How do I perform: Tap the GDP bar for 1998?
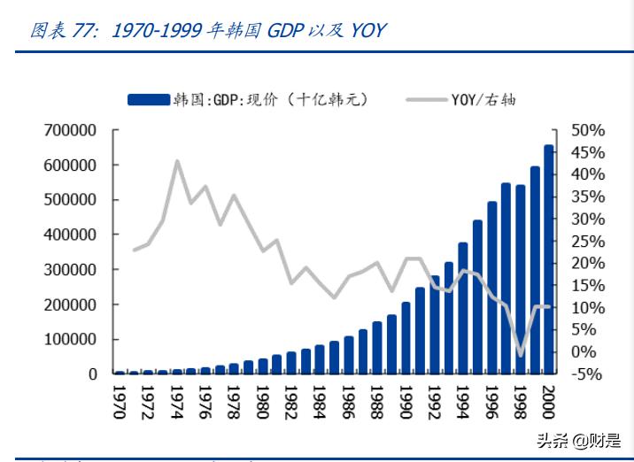(x=520, y=279)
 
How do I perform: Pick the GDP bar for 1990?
(x=406, y=338)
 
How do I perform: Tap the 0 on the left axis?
(x=92, y=373)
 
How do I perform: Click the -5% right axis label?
(x=584, y=373)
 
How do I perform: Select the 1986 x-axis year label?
(x=348, y=402)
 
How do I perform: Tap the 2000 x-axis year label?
(x=549, y=402)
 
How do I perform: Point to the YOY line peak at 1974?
(x=177, y=161)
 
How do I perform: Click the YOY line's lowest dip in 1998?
(x=521, y=356)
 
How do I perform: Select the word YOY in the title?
(x=367, y=30)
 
